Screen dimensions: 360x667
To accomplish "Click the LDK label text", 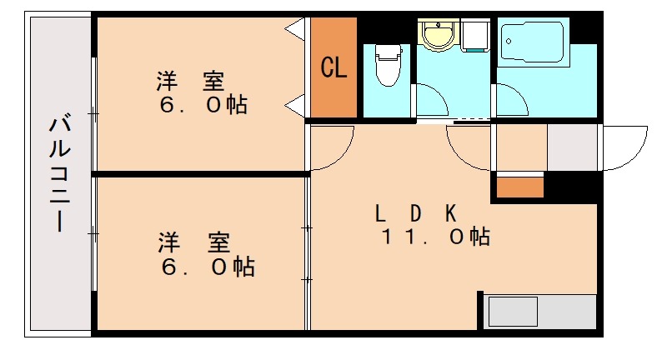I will [414, 212].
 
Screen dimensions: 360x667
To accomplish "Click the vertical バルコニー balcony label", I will [59, 175].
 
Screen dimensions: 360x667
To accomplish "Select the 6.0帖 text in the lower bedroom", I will [208, 267].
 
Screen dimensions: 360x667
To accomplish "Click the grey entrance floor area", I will [573, 147].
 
